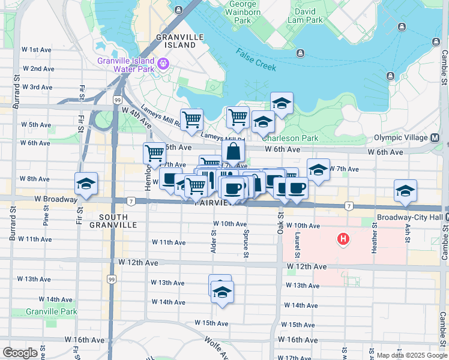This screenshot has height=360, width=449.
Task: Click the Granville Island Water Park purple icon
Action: (163, 62)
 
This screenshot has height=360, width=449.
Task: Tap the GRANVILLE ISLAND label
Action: (176, 41)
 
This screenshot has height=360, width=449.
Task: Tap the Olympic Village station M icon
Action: (435, 137)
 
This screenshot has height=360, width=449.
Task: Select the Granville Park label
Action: (52, 311)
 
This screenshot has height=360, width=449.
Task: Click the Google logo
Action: (20, 353)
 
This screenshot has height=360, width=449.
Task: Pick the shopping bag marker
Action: (233, 151)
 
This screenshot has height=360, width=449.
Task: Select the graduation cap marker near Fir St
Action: (86, 184)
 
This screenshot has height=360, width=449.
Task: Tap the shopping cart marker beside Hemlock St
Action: (154, 154)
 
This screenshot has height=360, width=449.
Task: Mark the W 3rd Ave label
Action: (37, 87)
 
